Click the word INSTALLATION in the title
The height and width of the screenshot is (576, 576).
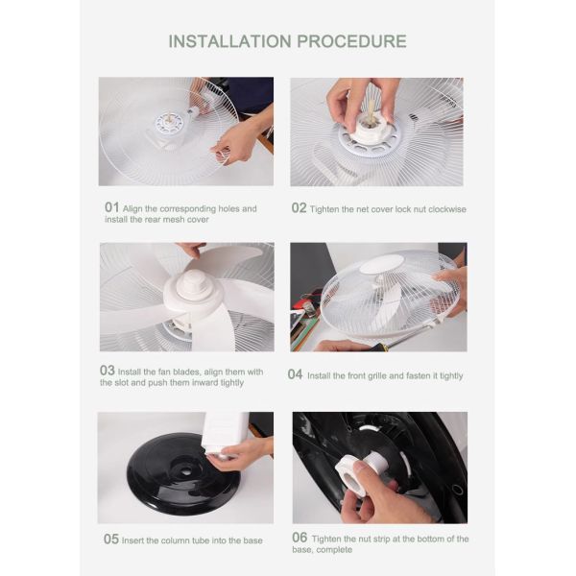230,41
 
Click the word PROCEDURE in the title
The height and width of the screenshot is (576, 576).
351,41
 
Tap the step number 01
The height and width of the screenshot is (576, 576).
111,207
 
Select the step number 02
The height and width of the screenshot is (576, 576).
299,208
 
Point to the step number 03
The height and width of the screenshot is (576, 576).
108,371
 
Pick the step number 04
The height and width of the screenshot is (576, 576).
296,374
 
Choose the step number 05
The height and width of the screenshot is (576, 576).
111,539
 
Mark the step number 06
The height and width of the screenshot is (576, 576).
300,538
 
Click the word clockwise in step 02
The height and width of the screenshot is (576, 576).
447,209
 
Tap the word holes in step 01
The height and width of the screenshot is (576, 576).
229,208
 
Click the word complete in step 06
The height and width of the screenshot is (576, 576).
334,550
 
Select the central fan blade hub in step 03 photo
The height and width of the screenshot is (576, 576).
194,288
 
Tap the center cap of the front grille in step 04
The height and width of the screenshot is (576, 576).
381,264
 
